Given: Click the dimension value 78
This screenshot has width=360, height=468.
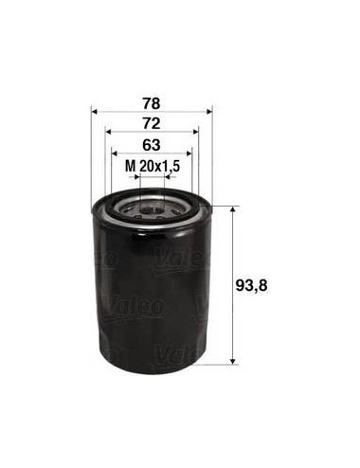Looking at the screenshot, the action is tap(152, 104).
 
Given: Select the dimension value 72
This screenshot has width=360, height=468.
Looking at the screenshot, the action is tap(152, 124).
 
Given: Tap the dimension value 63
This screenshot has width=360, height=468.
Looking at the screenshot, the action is tap(152, 145).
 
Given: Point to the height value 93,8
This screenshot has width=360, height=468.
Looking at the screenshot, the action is tap(251, 286).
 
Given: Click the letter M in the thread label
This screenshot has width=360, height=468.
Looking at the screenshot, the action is tap(130, 166).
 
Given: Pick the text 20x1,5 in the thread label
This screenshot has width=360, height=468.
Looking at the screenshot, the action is tap(159, 166).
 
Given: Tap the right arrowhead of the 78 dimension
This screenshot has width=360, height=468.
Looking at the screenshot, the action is tap(209, 112).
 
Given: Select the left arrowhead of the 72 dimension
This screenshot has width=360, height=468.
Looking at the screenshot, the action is tap(108, 132).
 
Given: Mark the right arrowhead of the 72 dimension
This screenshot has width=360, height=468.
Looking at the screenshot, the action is tap(196, 132).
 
